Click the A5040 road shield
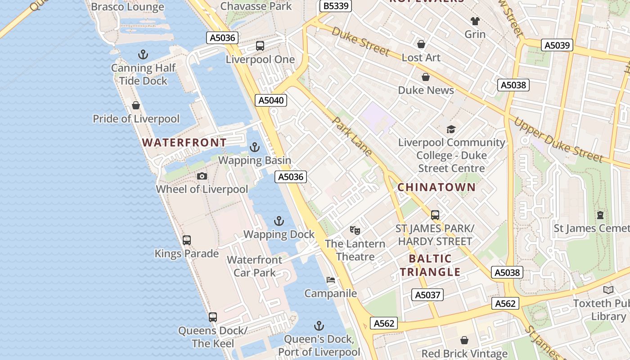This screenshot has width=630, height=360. (271, 100)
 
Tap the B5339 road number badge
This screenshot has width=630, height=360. (335, 6)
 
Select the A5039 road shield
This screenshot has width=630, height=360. (558, 45)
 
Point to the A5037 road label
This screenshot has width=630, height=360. (427, 295)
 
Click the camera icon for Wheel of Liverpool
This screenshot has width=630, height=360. (202, 176)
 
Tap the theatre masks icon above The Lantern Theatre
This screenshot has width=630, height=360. (355, 230)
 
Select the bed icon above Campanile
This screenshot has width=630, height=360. (331, 280)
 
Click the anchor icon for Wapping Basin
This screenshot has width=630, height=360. (255, 147)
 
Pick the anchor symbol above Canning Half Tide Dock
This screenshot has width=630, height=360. (143, 55)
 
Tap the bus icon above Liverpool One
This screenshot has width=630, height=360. (260, 46)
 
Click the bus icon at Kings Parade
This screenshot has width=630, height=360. (187, 240)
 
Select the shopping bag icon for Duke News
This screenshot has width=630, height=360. (426, 77)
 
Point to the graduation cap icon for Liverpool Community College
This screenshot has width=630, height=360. (451, 130)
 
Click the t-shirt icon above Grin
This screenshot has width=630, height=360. (475, 21)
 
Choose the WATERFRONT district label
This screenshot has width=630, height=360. (184, 143)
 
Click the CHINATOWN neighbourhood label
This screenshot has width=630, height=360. (436, 187)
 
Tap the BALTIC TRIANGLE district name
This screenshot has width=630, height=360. (430, 265)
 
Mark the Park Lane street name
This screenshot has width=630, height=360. (352, 136)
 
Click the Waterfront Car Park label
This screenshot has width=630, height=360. (255, 266)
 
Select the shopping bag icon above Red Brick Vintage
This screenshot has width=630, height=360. (464, 340)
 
